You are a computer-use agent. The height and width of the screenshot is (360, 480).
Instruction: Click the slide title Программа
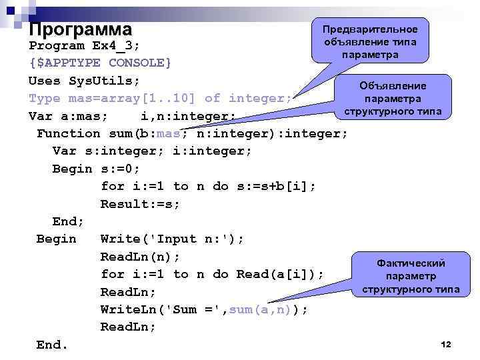81,30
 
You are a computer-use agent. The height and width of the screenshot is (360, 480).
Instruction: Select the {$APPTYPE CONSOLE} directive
100,63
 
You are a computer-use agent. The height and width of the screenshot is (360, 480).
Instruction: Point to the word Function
68,133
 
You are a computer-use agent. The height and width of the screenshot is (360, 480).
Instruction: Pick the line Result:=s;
140,204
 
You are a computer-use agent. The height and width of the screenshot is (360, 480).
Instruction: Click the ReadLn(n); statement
140,257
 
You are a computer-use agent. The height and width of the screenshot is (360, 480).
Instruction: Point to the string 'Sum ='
193,309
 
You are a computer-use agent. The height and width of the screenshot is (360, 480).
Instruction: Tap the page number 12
446,344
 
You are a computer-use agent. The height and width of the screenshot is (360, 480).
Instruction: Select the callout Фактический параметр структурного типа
411,276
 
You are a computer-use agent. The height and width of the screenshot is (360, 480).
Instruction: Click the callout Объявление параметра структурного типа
393,98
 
